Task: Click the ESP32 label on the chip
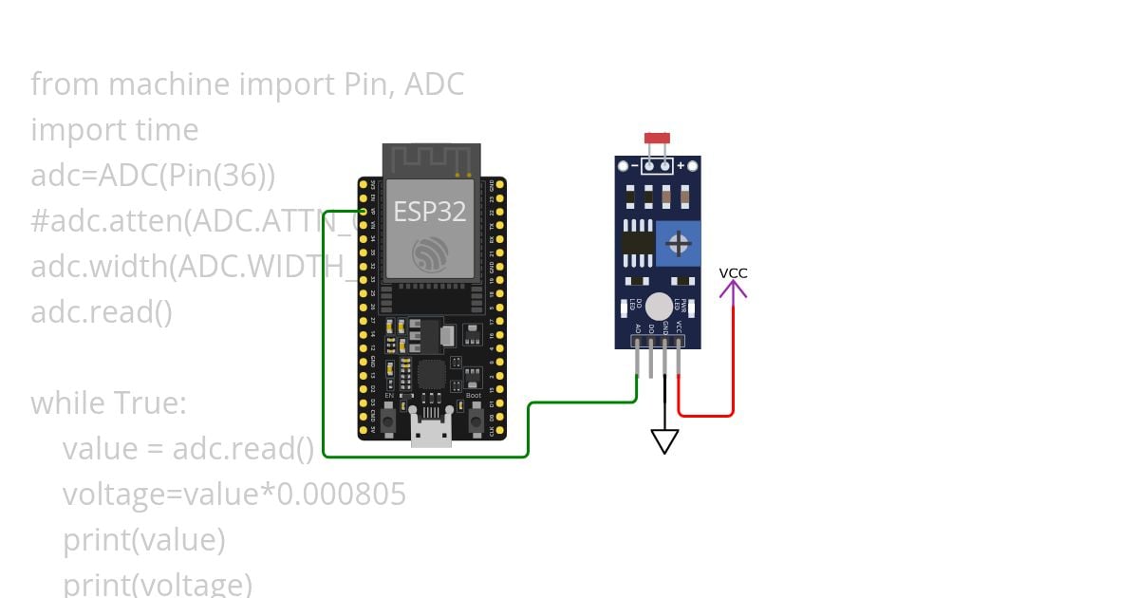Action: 430,211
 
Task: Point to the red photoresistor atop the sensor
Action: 657,139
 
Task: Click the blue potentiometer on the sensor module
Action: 679,243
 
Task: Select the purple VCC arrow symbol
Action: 733,289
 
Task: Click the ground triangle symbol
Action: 664,441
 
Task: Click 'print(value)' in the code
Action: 143,540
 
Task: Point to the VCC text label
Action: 733,273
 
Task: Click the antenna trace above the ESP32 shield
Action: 432,158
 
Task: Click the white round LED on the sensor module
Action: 659,307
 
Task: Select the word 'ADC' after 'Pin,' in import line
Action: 434,84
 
